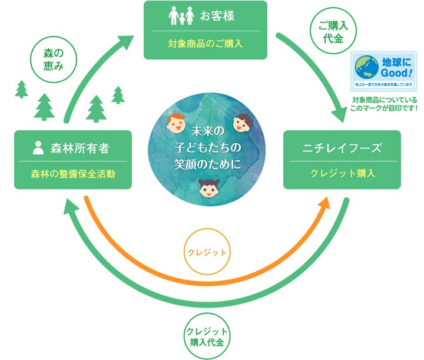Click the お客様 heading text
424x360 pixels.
point(217,16)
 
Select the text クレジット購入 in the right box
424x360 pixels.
point(342,174)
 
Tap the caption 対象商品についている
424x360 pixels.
point(383,100)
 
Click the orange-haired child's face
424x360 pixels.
point(175,124)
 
